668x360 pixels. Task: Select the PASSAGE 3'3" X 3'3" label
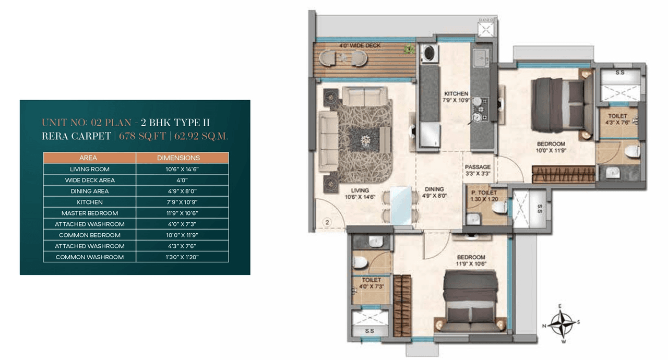[x=476, y=170]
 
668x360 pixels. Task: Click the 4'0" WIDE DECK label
[x=360, y=46]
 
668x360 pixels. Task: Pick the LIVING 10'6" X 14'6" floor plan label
[x=360, y=194]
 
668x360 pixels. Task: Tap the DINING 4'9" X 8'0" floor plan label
[x=434, y=193]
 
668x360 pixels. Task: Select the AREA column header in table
[x=88, y=158]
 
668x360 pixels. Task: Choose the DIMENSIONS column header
[x=182, y=158]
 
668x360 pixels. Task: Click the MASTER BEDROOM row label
[x=89, y=213]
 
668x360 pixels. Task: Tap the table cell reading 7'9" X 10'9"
[x=182, y=202]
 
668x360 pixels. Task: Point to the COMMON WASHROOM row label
[x=89, y=257]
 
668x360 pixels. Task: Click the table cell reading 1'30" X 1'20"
[x=182, y=257]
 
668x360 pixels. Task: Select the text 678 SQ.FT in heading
[x=142, y=137]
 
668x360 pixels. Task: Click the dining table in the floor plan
[x=400, y=205]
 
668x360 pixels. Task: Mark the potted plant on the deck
[x=410, y=50]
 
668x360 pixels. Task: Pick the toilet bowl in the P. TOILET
[x=500, y=208]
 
